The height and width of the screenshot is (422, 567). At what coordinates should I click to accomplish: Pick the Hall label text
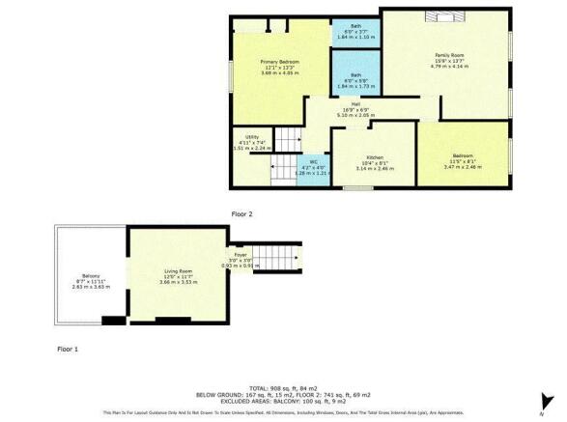coord(355,103)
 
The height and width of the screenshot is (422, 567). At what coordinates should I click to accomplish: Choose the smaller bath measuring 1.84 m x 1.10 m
coord(355,34)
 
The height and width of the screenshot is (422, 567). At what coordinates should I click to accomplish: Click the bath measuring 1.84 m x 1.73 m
coord(355,79)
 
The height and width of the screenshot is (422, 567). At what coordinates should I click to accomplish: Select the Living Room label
coord(181,274)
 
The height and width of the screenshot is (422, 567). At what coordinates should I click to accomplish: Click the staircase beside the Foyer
coord(280,258)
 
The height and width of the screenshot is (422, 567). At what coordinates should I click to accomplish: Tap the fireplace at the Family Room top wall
coord(447,14)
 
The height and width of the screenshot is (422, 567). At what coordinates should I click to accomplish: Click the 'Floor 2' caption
coord(241,212)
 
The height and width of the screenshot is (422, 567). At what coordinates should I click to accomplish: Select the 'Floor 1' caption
coord(68,347)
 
